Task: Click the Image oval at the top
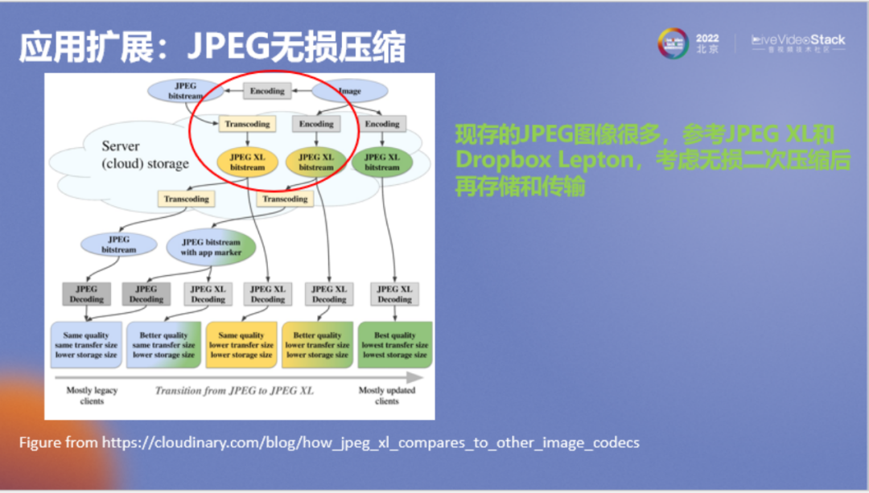pos(350,91)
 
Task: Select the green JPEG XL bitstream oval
pos(381,162)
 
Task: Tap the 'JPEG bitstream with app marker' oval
pos(210,247)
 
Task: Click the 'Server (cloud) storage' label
pos(145,155)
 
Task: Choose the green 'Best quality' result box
pos(394,345)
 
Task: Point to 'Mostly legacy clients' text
pos(92,395)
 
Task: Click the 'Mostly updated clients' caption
pos(386,395)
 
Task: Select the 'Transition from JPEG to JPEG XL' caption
pos(234,391)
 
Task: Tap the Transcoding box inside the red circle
pos(247,124)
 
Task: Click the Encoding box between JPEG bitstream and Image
pos(267,91)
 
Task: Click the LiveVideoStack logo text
pos(798,39)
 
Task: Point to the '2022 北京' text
pos(707,43)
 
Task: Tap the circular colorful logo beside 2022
pos(673,43)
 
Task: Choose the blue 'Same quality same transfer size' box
pos(86,345)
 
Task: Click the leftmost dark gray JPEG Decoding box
pos(86,294)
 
